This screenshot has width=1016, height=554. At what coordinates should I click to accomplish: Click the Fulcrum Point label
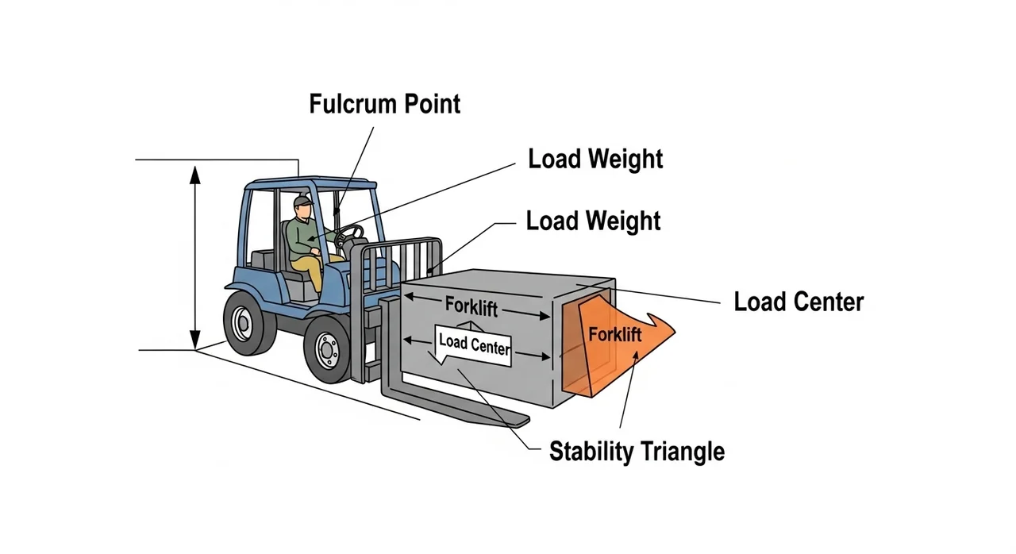(385, 104)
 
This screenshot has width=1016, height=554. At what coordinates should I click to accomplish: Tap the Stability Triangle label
(637, 452)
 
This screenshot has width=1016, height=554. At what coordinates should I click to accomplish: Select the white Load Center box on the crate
(473, 344)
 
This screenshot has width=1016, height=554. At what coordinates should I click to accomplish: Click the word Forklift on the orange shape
(614, 334)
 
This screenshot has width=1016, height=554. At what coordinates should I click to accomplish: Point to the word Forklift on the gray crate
(471, 306)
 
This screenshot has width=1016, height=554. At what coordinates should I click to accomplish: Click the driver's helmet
(301, 202)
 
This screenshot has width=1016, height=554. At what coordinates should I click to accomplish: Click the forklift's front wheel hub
(326, 349)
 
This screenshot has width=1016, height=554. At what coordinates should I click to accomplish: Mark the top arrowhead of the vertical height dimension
(194, 171)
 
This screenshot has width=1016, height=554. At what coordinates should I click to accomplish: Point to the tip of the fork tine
(520, 419)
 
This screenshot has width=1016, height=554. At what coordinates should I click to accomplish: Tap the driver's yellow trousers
(314, 270)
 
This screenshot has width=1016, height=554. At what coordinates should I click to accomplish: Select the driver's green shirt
(302, 239)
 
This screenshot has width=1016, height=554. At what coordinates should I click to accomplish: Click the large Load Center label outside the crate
(799, 302)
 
